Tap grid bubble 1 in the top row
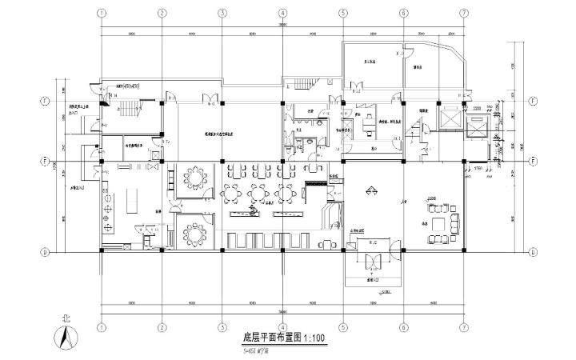101,14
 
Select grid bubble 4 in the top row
282,14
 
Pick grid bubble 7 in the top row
463,14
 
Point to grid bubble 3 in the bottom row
222,326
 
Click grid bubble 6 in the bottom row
403,326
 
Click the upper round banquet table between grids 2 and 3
194,175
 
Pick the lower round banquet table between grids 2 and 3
194,234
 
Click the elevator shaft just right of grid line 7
478,126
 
